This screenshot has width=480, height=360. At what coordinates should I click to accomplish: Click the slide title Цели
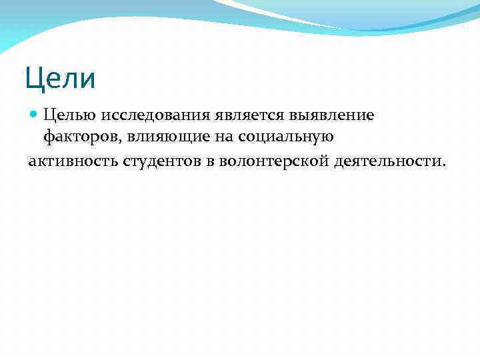point(61,78)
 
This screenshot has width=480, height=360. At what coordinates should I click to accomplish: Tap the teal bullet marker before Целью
point(34,115)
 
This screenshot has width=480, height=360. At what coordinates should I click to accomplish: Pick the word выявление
point(340,115)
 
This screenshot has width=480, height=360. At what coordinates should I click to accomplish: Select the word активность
point(72,160)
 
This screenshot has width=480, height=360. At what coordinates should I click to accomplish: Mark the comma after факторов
point(119,141)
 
